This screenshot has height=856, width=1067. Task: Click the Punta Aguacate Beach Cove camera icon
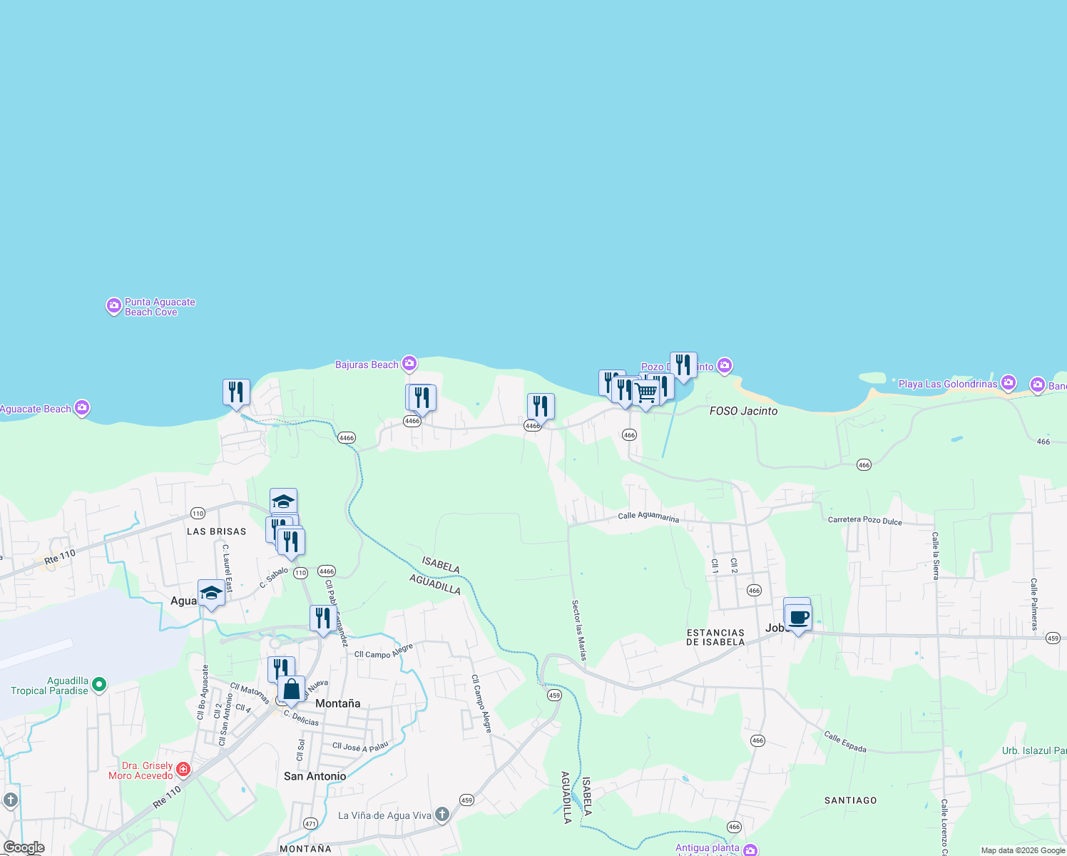click(113, 307)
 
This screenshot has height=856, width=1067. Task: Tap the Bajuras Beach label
click(367, 365)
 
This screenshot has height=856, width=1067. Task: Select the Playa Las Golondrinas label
click(947, 384)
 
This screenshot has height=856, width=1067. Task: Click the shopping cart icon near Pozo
click(646, 393)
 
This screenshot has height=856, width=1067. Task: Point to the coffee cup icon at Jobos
click(798, 618)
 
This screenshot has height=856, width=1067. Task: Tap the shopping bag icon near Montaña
click(291, 691)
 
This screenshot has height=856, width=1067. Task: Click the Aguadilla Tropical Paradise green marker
click(99, 685)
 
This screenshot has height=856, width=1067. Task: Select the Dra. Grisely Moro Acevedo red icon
click(183, 769)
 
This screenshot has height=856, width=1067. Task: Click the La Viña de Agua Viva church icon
click(442, 815)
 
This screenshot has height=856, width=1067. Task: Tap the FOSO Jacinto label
click(743, 412)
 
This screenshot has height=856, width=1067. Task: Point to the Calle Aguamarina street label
click(648, 517)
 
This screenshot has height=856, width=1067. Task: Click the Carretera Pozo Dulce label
click(864, 521)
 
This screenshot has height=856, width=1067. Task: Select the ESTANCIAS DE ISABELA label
click(715, 638)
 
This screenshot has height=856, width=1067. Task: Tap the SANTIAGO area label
click(850, 801)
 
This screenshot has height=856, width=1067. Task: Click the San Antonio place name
click(315, 776)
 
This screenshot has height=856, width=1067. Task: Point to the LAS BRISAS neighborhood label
click(216, 532)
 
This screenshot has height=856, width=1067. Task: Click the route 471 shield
click(310, 823)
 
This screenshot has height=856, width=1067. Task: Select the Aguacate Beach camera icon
click(82, 408)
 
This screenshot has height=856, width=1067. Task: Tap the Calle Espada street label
click(845, 742)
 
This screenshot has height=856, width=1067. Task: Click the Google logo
click(24, 847)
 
